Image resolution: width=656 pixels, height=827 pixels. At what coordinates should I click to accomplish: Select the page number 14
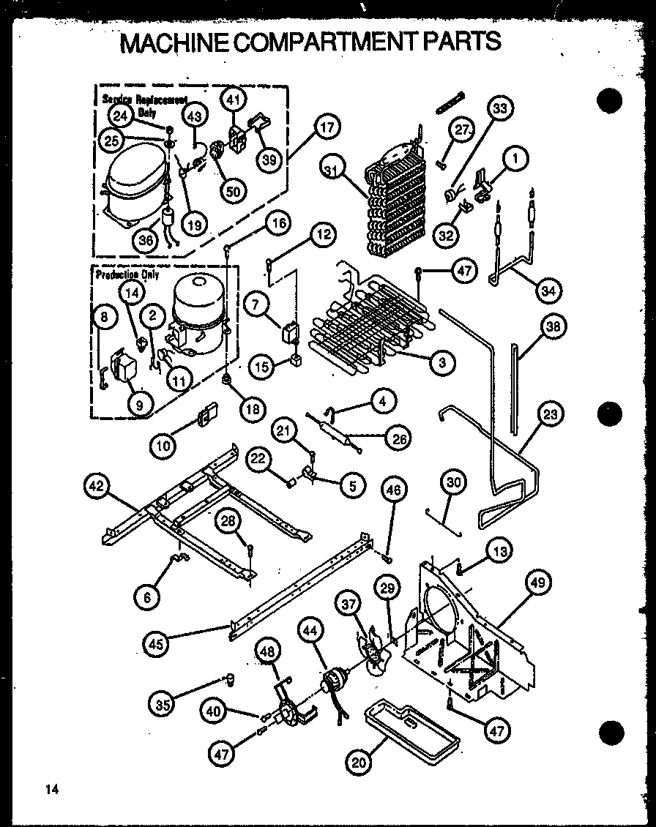pos(51,789)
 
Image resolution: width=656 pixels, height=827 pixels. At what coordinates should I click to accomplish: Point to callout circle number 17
pos(327,127)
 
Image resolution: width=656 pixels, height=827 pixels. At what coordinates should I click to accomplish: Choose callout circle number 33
pos(499,110)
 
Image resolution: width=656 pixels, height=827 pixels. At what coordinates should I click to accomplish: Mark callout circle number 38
pos(553,327)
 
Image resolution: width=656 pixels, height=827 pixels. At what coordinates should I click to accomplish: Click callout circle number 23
pos(550,415)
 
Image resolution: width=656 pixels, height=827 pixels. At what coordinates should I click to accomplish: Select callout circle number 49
pos(539,583)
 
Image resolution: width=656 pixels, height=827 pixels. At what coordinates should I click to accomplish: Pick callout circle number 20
pos(358,763)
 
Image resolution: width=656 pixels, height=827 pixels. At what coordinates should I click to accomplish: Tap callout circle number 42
pos(97,485)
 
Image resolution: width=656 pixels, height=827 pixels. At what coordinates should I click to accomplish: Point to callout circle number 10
pos(164,443)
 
